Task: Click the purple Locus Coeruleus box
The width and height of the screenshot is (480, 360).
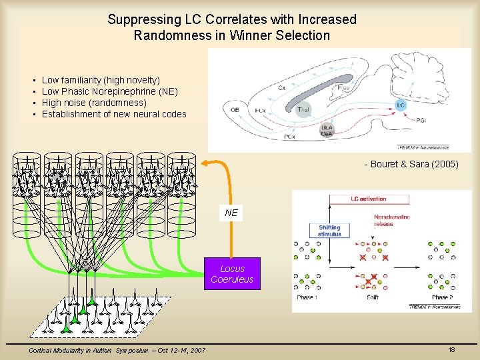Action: click(232, 274)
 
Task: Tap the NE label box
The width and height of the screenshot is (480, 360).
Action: click(231, 213)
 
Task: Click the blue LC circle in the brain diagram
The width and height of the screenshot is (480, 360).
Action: click(400, 105)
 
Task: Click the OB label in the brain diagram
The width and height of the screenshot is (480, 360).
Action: click(234, 110)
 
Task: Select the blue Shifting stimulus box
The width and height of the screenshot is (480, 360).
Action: click(329, 231)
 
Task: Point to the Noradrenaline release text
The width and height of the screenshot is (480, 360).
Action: click(393, 220)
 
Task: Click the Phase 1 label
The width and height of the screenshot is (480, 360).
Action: click(307, 297)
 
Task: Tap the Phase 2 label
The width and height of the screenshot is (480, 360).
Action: click(441, 297)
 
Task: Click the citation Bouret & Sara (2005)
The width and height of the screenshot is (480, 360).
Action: click(411, 164)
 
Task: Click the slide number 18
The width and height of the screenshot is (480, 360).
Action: click(451, 350)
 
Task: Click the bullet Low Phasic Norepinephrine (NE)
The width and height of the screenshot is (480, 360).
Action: click(109, 91)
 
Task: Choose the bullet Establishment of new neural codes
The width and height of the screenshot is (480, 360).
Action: click(114, 114)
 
